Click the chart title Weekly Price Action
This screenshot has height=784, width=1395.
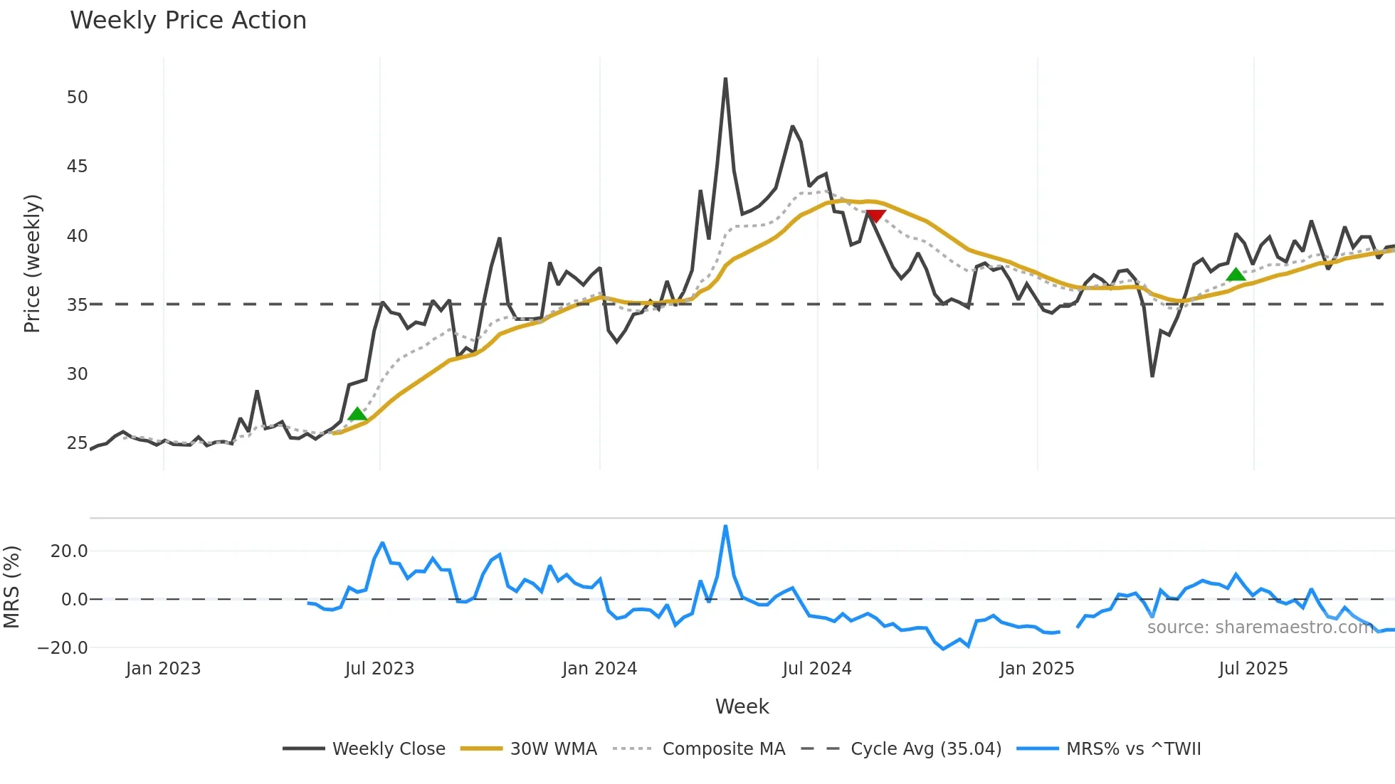pyautogui.click(x=188, y=21)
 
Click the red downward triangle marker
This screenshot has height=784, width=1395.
pyautogui.click(x=875, y=216)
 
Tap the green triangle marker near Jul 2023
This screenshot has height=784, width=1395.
pyautogui.click(x=357, y=414)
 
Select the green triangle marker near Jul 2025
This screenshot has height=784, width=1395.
pyautogui.click(x=1236, y=275)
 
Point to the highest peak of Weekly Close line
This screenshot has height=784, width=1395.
pyautogui.click(x=725, y=79)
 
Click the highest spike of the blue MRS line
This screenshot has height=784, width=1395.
pyautogui.click(x=725, y=526)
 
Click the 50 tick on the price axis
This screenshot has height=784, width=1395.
pyautogui.click(x=77, y=97)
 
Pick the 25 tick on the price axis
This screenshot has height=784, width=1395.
pyautogui.click(x=77, y=443)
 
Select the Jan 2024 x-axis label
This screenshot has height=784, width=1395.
pyautogui.click(x=599, y=669)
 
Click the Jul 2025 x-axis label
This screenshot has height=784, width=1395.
pyautogui.click(x=1253, y=669)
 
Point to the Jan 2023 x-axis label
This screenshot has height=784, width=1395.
pyautogui.click(x=163, y=669)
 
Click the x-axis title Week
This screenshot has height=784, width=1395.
pyautogui.click(x=742, y=706)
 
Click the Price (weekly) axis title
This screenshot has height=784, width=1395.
pyautogui.click(x=32, y=263)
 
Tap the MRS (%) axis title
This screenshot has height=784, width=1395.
pyautogui.click(x=11, y=587)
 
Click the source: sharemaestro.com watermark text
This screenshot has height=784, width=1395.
pyautogui.click(x=1260, y=627)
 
